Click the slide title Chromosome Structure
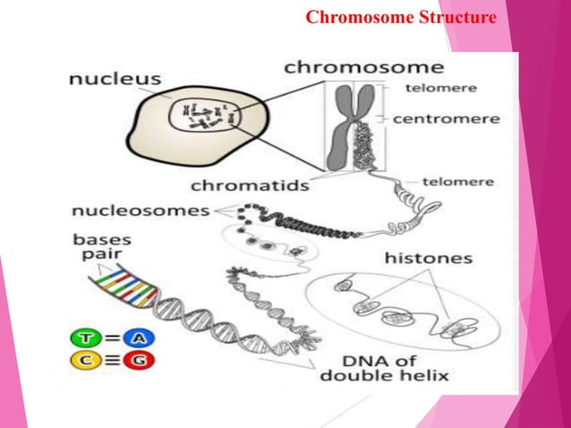pos(401,17)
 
